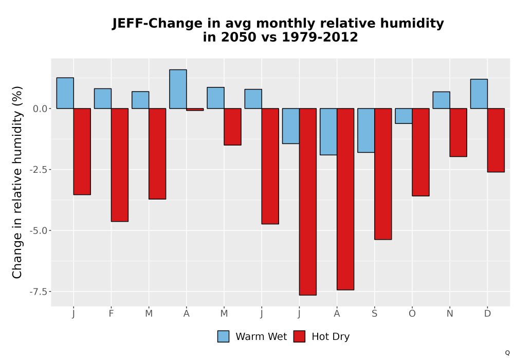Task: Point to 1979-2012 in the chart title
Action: pos(320,37)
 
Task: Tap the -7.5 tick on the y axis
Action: pos(39,292)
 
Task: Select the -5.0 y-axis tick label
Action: pos(39,230)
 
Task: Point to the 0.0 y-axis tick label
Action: pos(40,109)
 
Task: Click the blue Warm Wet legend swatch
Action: pos(223,336)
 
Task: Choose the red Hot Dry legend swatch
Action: pos(299,336)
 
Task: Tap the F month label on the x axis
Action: pos(111,314)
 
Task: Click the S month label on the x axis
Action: pos(374,314)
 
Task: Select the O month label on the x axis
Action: pos(412,314)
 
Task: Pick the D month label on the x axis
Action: pos(487,314)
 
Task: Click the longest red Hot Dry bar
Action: pos(308,202)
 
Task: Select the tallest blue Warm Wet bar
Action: pos(178,89)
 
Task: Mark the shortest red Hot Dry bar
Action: pos(195,110)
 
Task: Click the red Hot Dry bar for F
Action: pos(120,165)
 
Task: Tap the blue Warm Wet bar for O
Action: pos(403,116)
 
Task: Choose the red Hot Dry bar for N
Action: pos(458,133)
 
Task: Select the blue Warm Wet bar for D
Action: pos(479,94)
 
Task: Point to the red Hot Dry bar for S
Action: pos(383,174)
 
